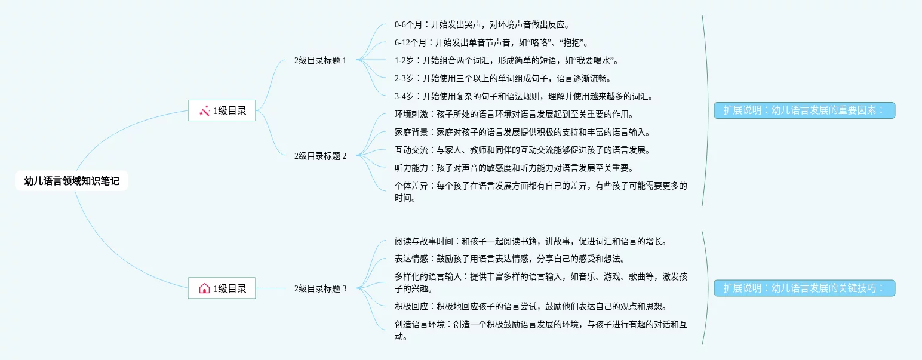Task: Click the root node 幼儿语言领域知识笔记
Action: [72, 181]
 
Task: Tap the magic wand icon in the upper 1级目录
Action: [204, 110]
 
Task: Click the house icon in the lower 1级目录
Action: [204, 288]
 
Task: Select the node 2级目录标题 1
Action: [320, 60]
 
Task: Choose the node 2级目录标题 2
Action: [320, 156]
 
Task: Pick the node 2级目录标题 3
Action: [320, 289]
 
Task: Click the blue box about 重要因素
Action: [804, 110]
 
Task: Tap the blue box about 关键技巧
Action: [804, 288]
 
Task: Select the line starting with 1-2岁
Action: [508, 60]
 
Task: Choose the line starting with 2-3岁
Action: [503, 78]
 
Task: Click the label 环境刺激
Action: [411, 114]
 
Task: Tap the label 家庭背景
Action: [411, 132]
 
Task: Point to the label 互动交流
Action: [411, 150]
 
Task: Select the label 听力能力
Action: [411, 168]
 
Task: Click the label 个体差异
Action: [411, 186]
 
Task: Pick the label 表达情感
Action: [411, 259]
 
